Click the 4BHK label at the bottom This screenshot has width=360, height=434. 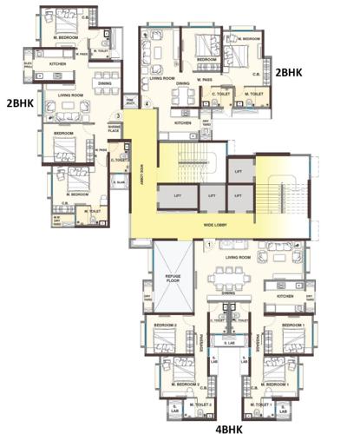click(228, 427)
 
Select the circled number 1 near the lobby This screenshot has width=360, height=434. click(209, 246)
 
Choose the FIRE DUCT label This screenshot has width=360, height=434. click(131, 100)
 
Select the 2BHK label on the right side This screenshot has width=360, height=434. click(288, 74)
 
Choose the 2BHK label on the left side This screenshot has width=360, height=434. click(19, 102)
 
